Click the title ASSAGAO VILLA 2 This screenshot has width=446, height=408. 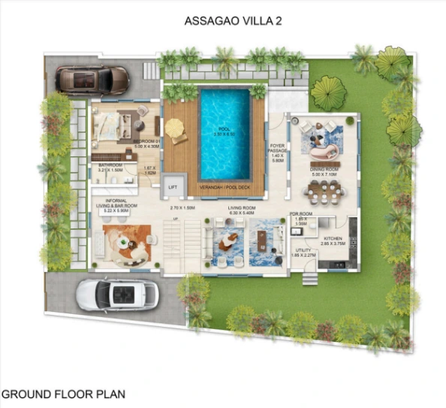point(223,21)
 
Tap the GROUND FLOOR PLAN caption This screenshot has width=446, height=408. point(64,393)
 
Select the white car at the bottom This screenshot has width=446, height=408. point(116,294)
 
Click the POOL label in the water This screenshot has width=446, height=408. point(223,128)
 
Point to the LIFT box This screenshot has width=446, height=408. point(173,186)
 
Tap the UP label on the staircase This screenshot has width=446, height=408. point(176,219)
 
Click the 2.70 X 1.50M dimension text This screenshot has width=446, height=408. point(182,207)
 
